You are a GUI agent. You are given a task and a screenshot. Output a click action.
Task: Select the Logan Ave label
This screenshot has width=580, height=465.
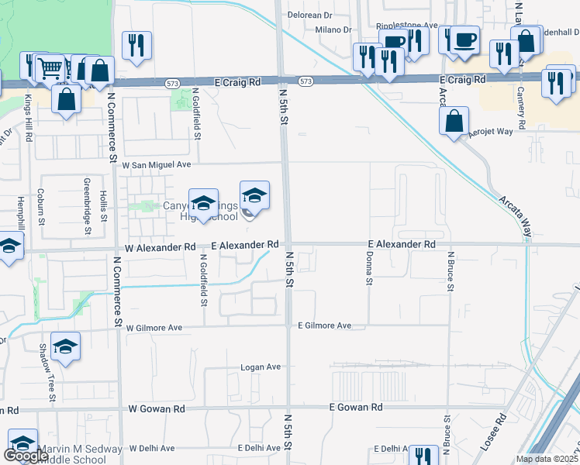pos(260,367)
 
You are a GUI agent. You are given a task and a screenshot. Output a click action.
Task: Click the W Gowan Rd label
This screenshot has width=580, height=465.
pos(157,408)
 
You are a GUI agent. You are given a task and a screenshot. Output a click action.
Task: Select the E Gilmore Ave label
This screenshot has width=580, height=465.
pos(324,325)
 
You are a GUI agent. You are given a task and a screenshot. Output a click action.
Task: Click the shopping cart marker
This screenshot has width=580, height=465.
pos(50,68)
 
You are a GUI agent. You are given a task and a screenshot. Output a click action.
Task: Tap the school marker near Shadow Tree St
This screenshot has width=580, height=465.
pos(66,347)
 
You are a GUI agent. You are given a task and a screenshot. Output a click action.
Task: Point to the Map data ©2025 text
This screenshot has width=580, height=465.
pos(547,459)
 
